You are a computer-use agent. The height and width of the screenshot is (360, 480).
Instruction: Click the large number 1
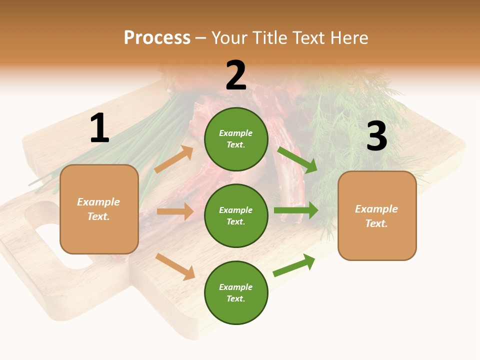tap(99, 128)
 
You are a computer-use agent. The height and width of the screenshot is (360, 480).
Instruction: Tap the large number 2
tap(236, 75)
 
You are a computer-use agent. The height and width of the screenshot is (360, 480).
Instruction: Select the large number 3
tap(376, 136)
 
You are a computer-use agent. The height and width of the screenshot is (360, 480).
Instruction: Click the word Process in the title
tap(157, 37)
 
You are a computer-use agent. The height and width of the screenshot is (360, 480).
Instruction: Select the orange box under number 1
tap(99, 209)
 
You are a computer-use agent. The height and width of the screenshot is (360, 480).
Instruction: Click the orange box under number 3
tap(377, 215)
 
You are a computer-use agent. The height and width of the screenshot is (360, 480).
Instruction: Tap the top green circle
tap(236, 139)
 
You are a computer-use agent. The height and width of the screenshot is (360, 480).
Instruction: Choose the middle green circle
tap(236, 215)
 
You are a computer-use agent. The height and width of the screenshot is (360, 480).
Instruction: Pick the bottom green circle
tap(236, 292)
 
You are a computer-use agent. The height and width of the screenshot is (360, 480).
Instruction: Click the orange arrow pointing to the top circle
tap(174, 159)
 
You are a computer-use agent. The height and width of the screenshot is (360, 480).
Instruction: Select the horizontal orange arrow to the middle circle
tap(175, 211)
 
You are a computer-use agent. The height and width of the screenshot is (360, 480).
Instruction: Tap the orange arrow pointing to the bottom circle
tap(175, 266)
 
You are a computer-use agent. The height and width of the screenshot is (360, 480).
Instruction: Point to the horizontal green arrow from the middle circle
tap(296, 210)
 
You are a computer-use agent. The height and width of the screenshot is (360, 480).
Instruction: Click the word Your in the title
tap(229, 37)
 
